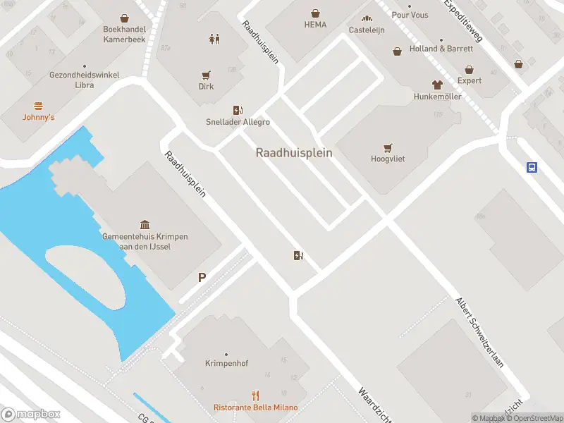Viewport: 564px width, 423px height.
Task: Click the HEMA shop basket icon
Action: click(315, 13)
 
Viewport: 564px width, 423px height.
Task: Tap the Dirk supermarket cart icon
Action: click(206, 75)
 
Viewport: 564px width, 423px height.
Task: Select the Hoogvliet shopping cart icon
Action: click(387, 148)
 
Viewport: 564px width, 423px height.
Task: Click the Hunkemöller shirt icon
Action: click(437, 85)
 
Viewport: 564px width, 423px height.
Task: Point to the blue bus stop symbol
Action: click(532, 168)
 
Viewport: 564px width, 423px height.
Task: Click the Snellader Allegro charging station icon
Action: click(238, 110)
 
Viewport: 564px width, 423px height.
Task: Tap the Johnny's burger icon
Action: click(38, 105)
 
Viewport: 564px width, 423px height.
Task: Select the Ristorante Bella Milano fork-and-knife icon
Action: click(256, 396)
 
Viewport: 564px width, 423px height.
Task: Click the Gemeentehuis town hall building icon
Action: click(145, 225)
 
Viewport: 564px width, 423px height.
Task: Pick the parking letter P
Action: click(202, 278)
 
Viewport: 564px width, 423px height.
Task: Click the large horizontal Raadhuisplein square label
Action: click(294, 152)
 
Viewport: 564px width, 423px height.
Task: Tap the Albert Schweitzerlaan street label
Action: click(480, 331)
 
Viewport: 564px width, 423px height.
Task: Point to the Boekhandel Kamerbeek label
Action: click(125, 35)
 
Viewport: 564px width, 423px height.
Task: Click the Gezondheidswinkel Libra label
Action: click(84, 80)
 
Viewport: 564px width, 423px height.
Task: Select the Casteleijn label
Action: click(366, 30)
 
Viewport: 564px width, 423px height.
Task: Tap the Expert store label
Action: click(470, 80)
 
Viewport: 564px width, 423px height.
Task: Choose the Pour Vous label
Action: click(410, 15)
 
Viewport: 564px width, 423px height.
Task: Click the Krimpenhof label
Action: click(226, 364)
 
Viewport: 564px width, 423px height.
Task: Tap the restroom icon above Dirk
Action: click(214, 39)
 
